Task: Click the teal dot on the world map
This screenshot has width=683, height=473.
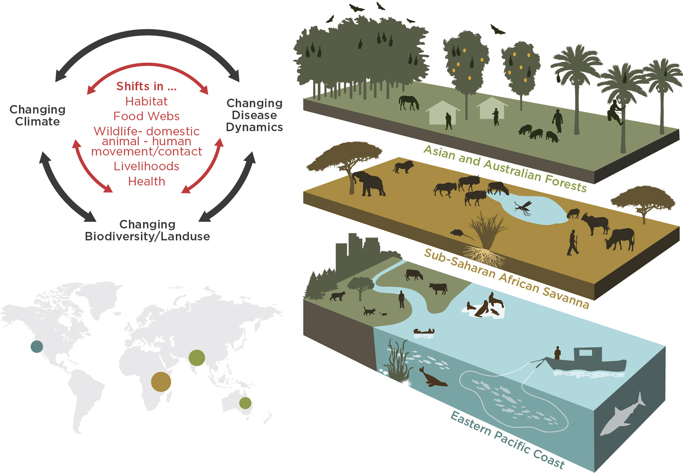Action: (37, 346)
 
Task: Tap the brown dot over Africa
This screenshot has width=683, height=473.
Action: (161, 382)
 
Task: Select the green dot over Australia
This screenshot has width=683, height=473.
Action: (245, 403)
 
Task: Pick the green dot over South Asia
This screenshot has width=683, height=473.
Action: (197, 358)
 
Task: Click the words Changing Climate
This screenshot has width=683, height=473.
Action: (37, 115)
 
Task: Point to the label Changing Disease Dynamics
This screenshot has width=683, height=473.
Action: (254, 115)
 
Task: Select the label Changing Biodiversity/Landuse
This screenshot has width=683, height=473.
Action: (147, 230)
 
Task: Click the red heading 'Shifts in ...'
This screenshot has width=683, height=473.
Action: (146, 86)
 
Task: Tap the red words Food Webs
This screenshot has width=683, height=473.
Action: (146, 116)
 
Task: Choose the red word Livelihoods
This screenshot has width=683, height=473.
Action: (146, 166)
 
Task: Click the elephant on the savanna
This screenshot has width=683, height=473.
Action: (370, 183)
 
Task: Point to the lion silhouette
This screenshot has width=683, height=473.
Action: (403, 166)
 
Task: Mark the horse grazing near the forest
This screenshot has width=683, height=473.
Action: (409, 102)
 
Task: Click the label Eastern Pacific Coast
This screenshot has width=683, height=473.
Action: (507, 440)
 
